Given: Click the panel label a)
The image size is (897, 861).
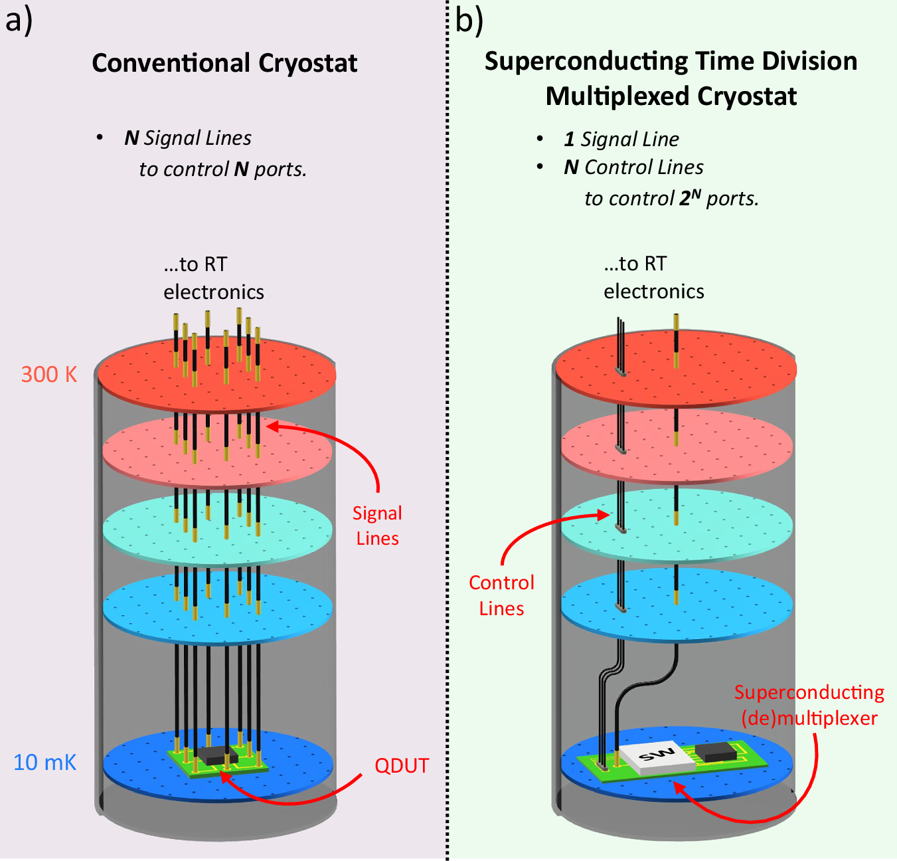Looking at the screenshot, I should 18,20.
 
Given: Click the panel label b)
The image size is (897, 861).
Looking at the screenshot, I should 469,20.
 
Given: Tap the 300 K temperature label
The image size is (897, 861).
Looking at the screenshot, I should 49,375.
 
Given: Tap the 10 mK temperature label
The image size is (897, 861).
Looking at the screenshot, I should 44,763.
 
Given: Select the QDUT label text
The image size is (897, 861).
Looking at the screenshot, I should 402,766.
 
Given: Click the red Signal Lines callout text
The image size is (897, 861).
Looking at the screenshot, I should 377,526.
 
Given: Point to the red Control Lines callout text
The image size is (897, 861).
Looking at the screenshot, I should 501,595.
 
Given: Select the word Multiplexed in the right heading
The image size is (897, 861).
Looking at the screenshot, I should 620,96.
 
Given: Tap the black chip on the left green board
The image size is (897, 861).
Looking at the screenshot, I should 217,755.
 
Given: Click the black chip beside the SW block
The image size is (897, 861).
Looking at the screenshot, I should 716,751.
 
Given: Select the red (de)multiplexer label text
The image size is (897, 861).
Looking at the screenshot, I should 809,718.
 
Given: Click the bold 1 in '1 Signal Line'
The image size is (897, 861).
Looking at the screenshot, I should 570,139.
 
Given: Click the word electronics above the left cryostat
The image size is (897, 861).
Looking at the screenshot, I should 214,292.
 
